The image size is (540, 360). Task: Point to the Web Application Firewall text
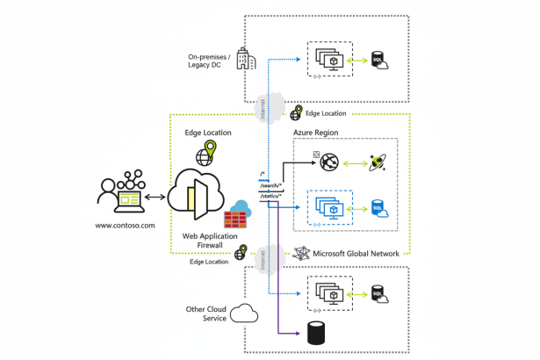tap(207, 241)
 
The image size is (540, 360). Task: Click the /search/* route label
tap(270, 186)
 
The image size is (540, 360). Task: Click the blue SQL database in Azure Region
tap(379, 208)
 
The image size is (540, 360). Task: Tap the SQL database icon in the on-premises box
tap(379, 61)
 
